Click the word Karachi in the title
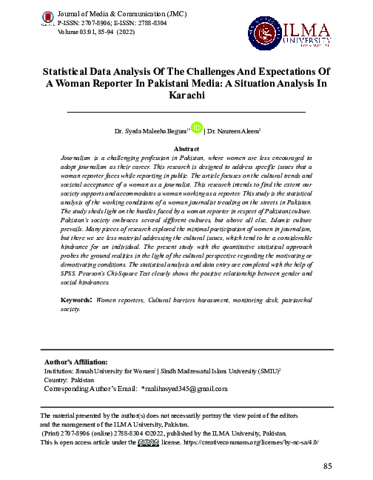coord(186,96)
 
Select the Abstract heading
coord(186,148)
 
